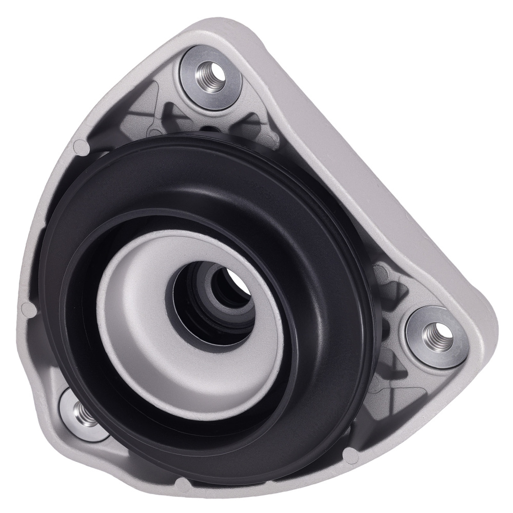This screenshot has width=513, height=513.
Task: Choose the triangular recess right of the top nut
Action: point(251,123)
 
